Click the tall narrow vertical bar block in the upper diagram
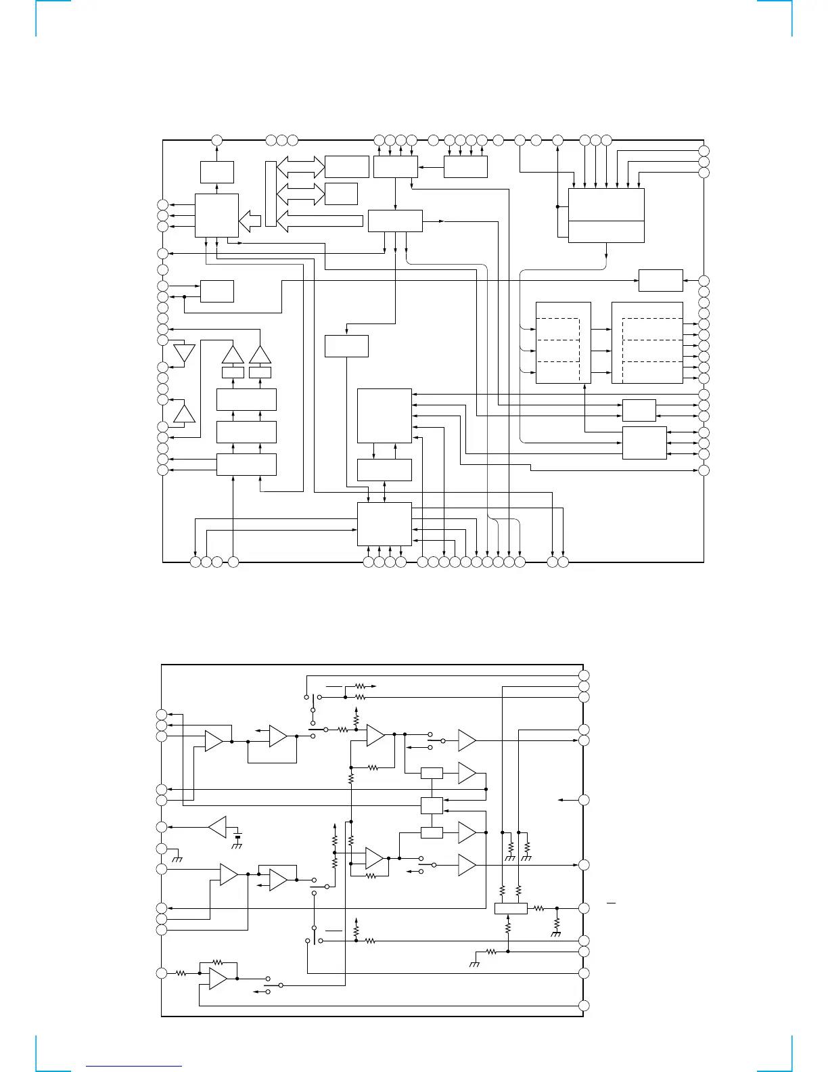tap(271, 194)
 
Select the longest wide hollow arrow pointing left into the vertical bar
tap(321, 221)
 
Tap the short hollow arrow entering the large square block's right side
tap(250, 221)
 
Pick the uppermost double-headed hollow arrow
tap(301, 166)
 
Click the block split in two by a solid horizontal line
tap(606, 215)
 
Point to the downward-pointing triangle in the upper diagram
tap(184, 353)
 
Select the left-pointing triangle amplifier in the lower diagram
tap(217, 827)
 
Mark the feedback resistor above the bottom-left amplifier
tap(217, 962)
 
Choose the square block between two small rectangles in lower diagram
tap(432, 805)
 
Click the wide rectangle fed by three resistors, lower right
tap(511, 908)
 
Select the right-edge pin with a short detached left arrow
tap(584, 800)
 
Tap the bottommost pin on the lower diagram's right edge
tap(584, 1006)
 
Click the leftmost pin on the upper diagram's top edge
tap(217, 140)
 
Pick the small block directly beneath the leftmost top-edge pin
tap(217, 172)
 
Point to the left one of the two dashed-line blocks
tap(563, 342)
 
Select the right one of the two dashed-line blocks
tap(647, 342)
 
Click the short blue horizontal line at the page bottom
tap(134, 1066)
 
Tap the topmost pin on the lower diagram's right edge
tap(584, 675)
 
